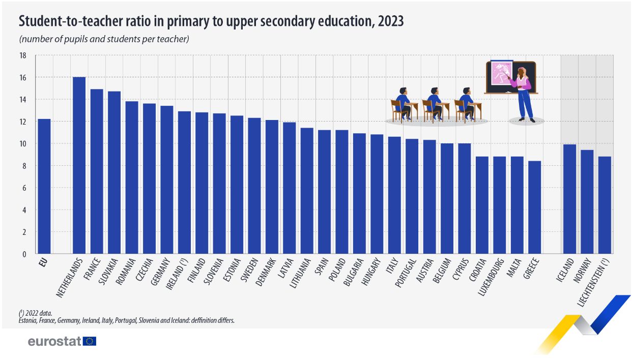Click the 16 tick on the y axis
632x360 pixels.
(x=23, y=77)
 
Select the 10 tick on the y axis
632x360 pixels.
(x=23, y=143)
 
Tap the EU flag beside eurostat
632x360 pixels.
(x=90, y=341)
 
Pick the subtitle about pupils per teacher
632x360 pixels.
(x=104, y=39)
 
